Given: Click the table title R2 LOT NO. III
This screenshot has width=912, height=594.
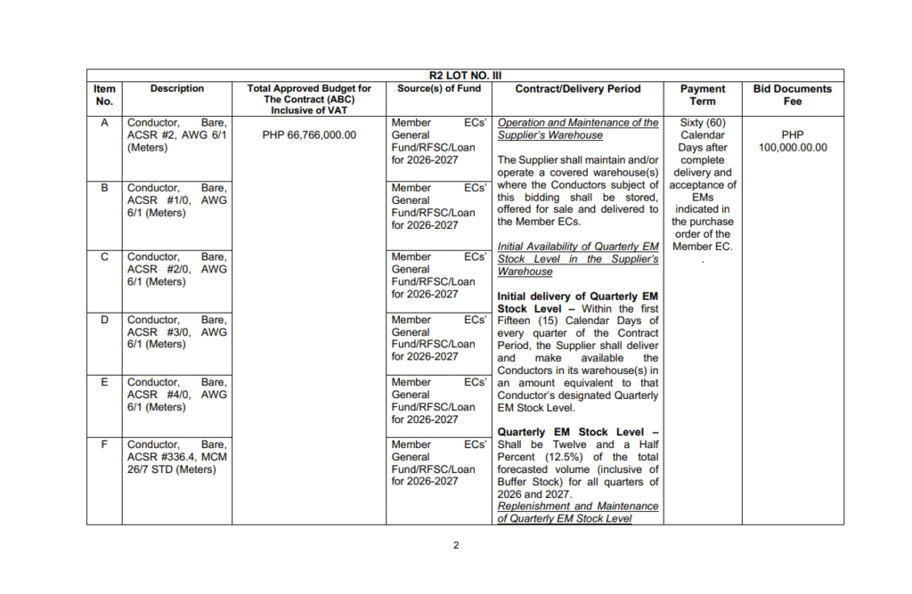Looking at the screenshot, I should pyautogui.click(x=466, y=77).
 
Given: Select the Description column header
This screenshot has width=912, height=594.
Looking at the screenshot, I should pyautogui.click(x=177, y=89).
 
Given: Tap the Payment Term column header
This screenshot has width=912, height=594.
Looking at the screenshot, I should pyautogui.click(x=703, y=94).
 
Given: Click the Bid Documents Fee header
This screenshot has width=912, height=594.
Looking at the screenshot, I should pyautogui.click(x=792, y=94).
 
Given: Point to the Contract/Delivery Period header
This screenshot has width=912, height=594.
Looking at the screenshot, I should pyautogui.click(x=577, y=89).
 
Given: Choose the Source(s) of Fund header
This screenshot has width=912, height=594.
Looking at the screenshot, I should pyautogui.click(x=438, y=89).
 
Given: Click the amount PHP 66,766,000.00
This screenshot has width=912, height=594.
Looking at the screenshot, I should pyautogui.click(x=309, y=135).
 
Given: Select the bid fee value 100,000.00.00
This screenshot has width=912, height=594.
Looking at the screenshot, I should pyautogui.click(x=792, y=148).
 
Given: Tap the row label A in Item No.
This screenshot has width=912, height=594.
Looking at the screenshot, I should pyautogui.click(x=104, y=123).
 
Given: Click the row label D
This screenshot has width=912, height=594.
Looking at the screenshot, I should pyautogui.click(x=104, y=320).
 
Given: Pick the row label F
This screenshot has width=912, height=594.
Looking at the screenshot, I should pyautogui.click(x=104, y=444).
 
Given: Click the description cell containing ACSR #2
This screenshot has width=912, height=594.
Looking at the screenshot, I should pyautogui.click(x=177, y=135).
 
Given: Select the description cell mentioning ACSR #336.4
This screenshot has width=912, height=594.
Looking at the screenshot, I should pyautogui.click(x=177, y=457).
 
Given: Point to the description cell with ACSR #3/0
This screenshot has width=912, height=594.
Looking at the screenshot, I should pyautogui.click(x=177, y=332).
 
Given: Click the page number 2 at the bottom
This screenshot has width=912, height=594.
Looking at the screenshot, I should pyautogui.click(x=456, y=545).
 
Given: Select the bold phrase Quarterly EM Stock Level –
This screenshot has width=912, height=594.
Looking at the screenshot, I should pyautogui.click(x=578, y=432).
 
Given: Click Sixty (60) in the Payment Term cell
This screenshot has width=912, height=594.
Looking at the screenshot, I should pyautogui.click(x=703, y=123).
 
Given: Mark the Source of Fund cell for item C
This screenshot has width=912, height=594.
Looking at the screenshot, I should pyautogui.click(x=438, y=275).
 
